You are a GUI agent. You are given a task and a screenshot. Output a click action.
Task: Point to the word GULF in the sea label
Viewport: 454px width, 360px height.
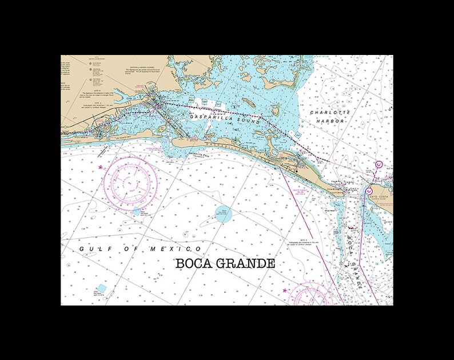91,250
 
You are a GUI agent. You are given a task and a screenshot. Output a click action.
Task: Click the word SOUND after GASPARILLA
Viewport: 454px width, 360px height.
249,122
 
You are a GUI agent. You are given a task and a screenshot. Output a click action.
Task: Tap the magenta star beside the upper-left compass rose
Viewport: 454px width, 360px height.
101,168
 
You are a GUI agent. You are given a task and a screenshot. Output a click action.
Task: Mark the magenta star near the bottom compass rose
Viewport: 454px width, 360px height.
285,291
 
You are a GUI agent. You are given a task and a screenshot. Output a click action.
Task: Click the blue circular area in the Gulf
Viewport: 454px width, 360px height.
224,215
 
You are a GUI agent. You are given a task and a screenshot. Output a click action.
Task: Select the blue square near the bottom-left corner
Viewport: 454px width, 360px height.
102,288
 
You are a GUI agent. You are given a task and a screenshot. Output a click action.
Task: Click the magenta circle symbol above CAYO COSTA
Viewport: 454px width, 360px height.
369,191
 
